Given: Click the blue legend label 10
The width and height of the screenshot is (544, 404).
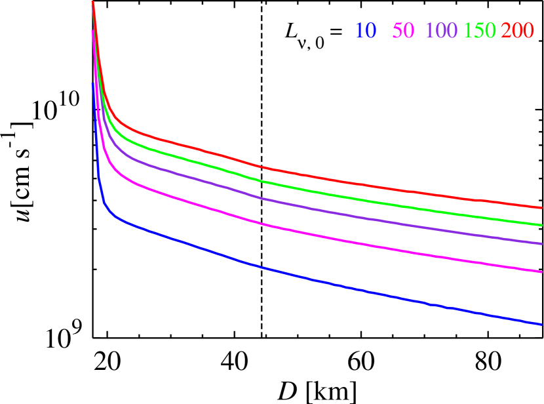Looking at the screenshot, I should [366, 30].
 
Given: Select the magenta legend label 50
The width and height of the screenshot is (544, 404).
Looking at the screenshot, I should [403, 30].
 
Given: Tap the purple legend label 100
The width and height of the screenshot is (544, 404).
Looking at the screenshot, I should [441, 30].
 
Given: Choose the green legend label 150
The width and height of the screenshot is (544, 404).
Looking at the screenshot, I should [480, 30].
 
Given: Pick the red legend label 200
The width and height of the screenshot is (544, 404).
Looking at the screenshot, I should [517, 30].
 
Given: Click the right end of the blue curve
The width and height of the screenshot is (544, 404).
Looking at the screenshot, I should [541, 323].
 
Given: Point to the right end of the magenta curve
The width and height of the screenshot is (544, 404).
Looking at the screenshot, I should [541, 271].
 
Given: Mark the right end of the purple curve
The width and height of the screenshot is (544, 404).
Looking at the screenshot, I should [541, 243].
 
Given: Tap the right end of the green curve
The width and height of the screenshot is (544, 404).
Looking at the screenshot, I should [541, 225].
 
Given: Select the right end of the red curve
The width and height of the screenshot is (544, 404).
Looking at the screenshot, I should [541, 208].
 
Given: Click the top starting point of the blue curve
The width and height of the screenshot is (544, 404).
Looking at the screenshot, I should [93, 83].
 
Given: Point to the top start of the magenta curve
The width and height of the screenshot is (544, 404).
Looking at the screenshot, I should [92, 31].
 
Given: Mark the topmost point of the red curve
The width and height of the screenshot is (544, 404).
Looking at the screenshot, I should [92, 2].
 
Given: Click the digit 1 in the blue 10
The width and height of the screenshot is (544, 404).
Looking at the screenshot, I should [360, 30].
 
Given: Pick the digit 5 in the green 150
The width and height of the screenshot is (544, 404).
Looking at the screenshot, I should [480, 30].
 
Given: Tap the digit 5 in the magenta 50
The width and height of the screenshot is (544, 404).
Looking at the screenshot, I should [398, 30].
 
